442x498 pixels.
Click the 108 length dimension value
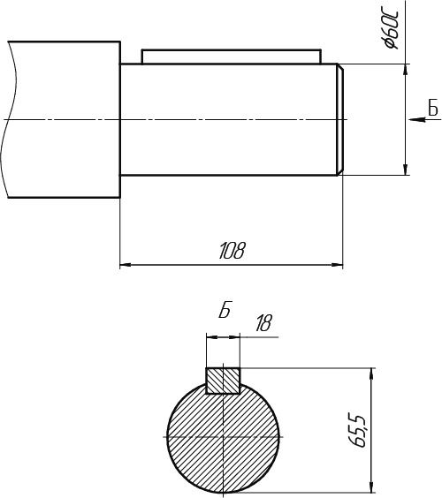click(232, 251)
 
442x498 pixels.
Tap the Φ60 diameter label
click(391, 31)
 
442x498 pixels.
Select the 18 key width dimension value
click(263, 323)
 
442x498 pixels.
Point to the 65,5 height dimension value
click(358, 430)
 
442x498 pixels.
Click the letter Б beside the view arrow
click(433, 108)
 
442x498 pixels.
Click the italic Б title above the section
click(225, 309)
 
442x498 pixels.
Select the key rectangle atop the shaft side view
click(232, 57)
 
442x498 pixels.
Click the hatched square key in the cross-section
click(223, 381)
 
